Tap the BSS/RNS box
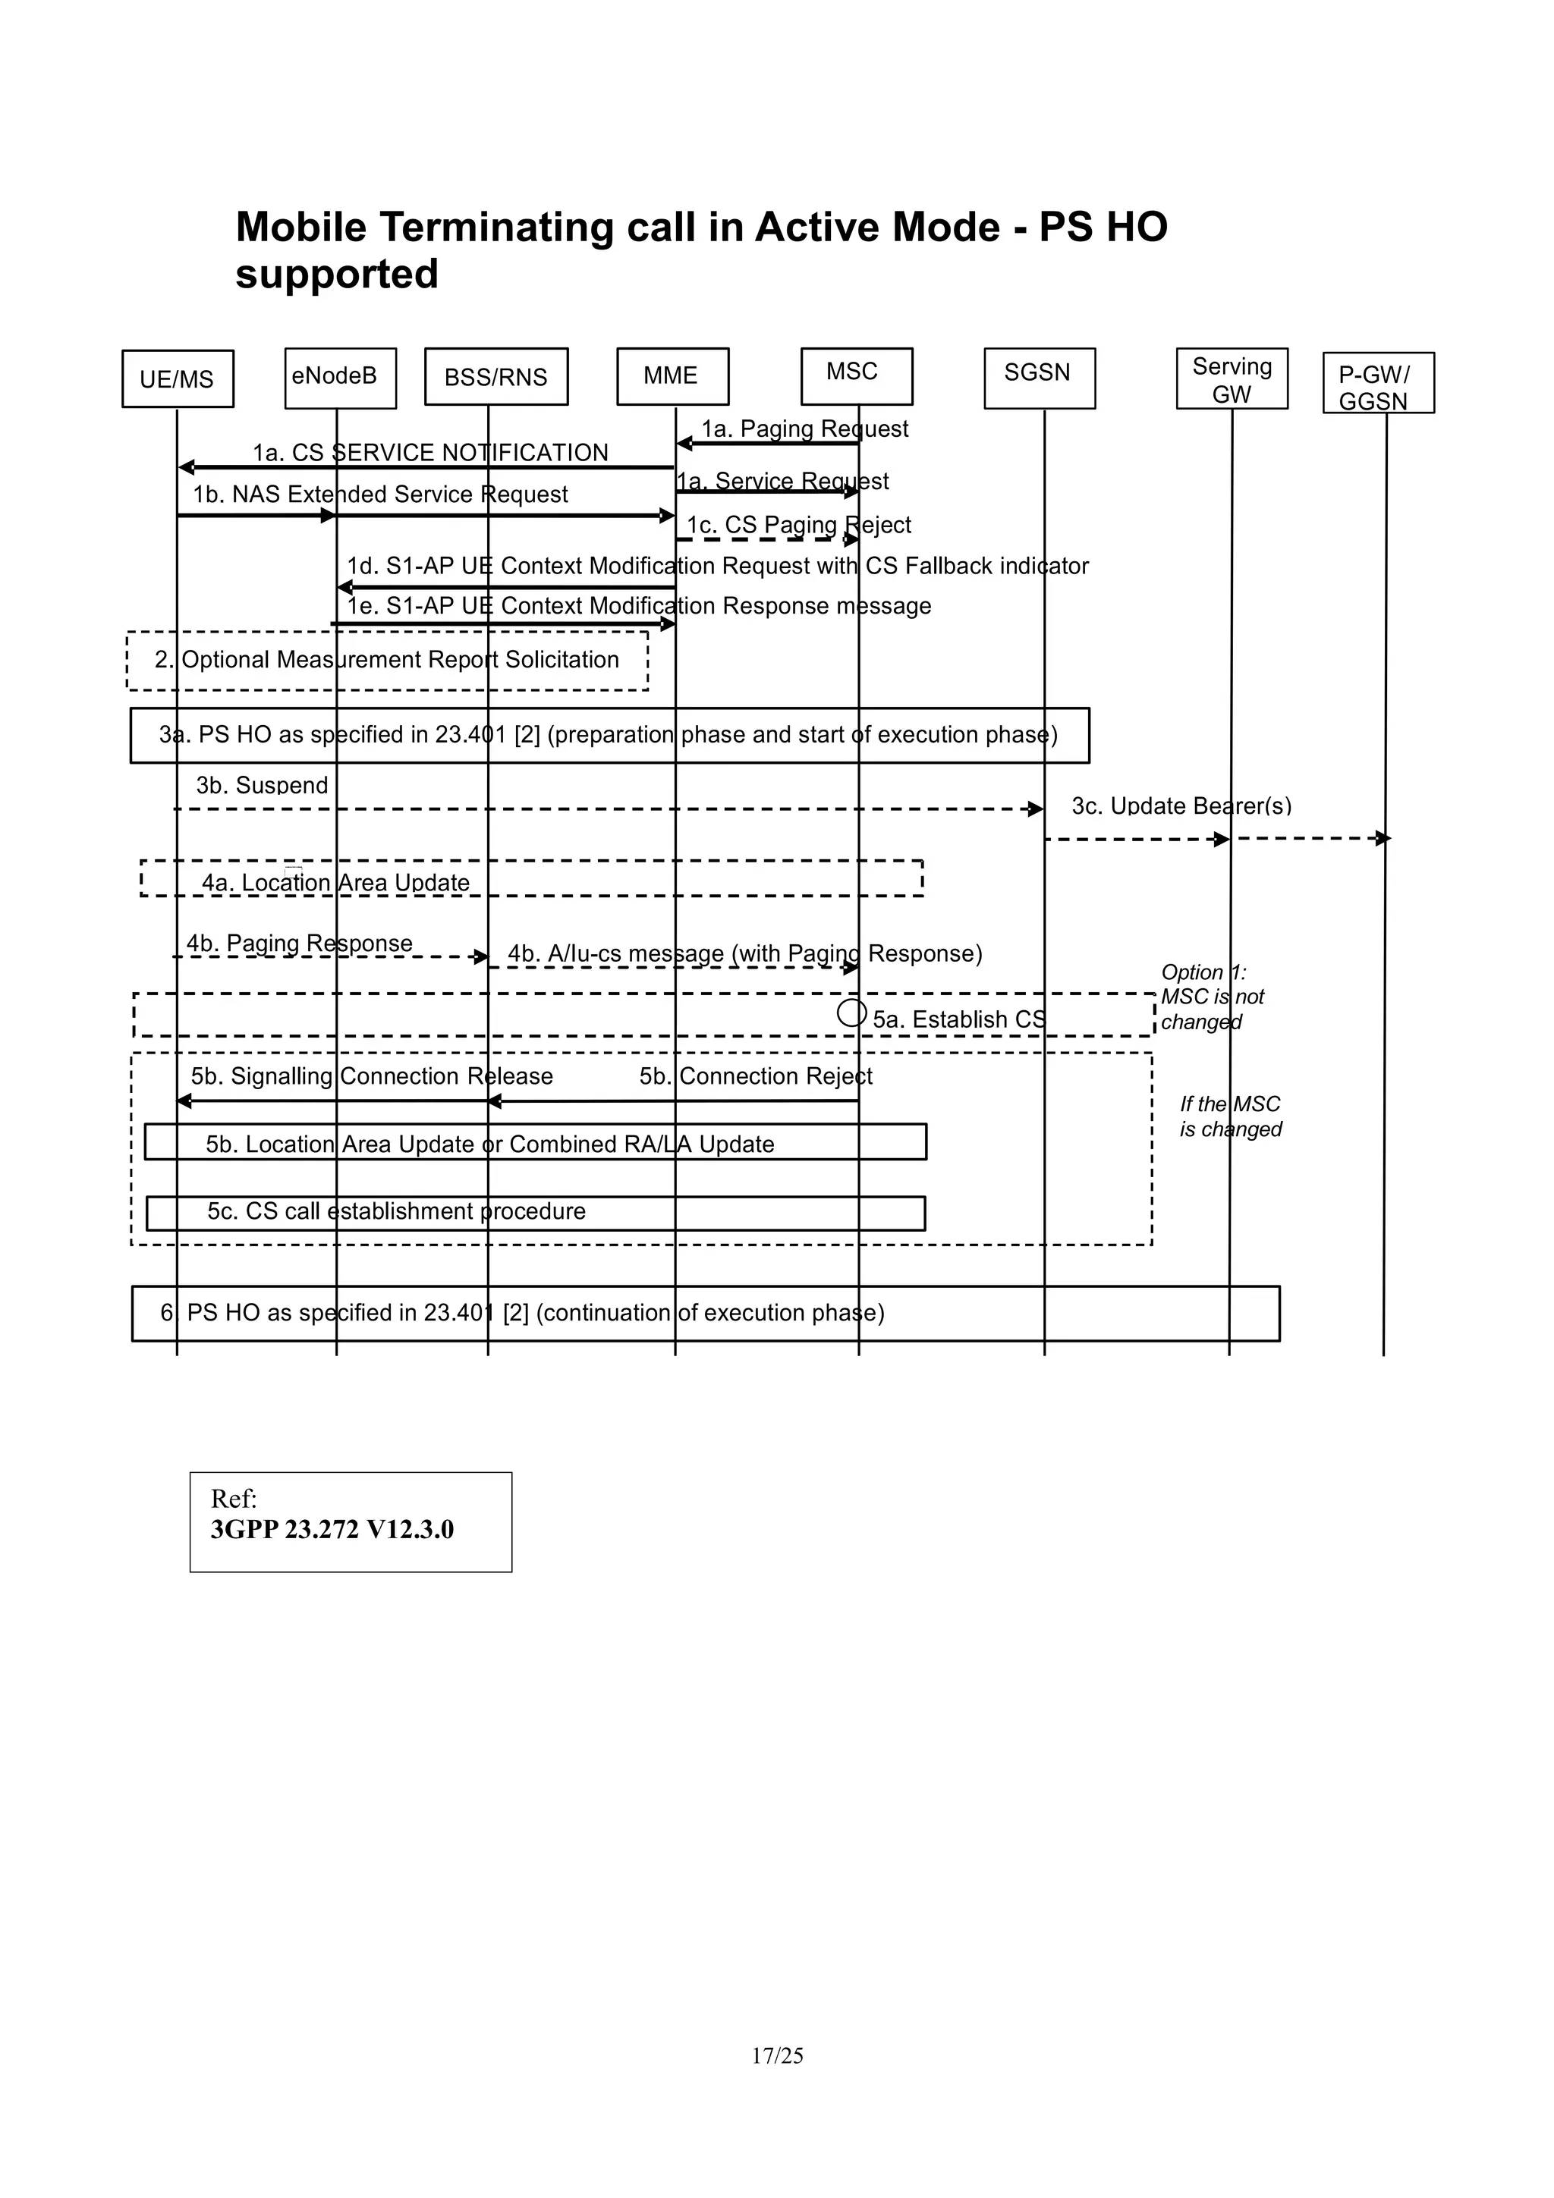[496, 377]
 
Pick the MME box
[672, 376]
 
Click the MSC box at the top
[856, 375]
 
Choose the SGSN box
[1039, 378]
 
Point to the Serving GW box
[1232, 379]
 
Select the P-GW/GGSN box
[1377, 383]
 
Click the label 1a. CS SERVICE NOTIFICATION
[430, 452]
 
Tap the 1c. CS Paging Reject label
[798, 525]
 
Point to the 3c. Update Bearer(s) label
[1181, 806]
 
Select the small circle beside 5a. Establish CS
[851, 1013]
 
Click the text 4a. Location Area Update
[335, 883]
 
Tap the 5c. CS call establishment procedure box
[534, 1212]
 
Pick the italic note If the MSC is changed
[1229, 1116]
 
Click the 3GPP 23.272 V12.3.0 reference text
[332, 1530]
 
